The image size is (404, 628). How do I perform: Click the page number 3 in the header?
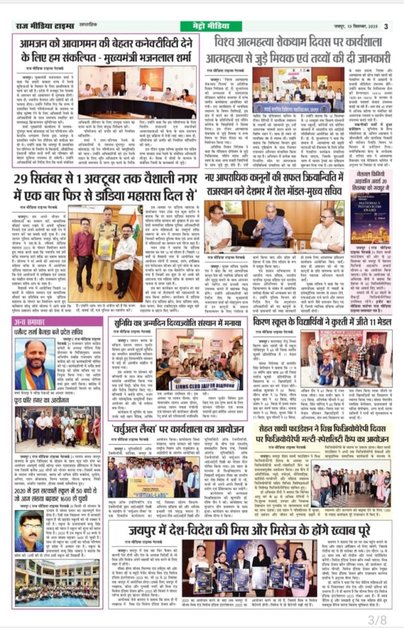386,26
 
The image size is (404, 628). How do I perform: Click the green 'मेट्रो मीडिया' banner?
202,26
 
